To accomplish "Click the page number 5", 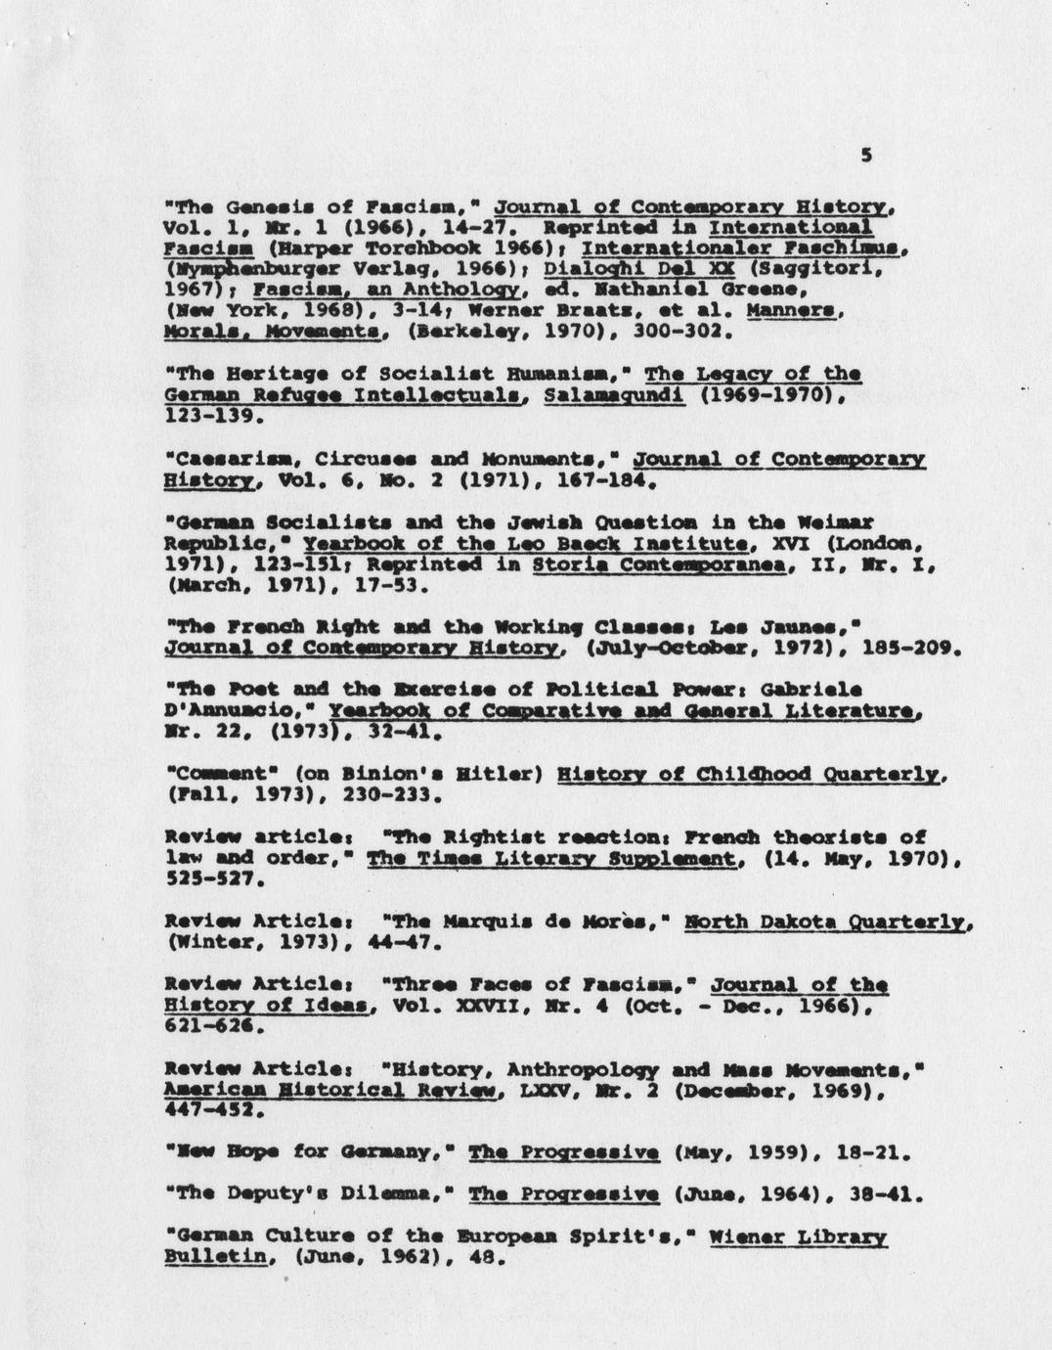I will point(866,156).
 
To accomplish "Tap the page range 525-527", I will point(213,878).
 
